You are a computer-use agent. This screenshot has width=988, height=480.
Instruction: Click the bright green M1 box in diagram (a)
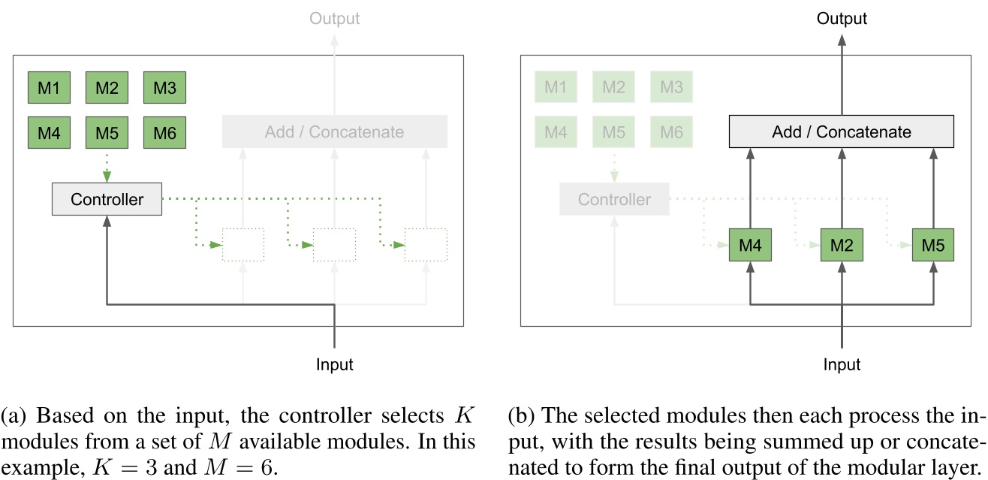tap(49, 88)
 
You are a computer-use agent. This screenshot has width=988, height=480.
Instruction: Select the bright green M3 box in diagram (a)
tap(164, 88)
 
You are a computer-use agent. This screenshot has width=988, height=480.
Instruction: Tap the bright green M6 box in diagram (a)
tap(164, 133)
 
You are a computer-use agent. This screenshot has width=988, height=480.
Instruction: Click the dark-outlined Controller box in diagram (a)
tap(107, 200)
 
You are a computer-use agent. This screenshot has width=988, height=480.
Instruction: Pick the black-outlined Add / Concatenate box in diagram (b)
tap(842, 132)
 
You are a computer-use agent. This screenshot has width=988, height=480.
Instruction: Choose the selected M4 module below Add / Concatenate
tap(750, 246)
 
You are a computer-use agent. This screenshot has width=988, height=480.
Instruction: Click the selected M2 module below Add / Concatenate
tap(842, 246)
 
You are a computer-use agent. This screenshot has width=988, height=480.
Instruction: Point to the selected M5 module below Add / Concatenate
tap(933, 246)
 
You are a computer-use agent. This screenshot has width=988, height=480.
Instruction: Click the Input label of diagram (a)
tap(334, 365)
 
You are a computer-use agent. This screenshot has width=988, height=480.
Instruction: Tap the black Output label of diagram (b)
tap(842, 18)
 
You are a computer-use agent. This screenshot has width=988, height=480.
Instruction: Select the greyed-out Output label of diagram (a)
tap(334, 18)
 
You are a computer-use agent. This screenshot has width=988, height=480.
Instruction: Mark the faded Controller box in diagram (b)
tap(614, 200)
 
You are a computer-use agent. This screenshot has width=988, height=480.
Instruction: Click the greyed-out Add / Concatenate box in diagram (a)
tap(334, 132)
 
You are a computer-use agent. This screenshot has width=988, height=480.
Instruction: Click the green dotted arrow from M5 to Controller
tap(107, 166)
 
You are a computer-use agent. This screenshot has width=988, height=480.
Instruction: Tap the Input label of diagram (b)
tap(842, 365)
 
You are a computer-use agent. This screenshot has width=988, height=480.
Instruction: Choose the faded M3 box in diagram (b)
tap(672, 88)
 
